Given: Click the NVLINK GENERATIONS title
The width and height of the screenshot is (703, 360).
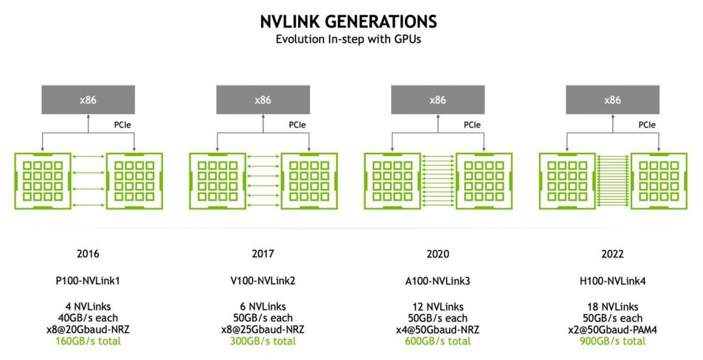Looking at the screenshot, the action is click(x=348, y=21).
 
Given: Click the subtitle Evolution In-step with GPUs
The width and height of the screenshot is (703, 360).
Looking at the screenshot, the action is click(x=348, y=39).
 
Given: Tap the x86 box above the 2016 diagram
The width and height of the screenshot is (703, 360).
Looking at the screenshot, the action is click(x=89, y=100).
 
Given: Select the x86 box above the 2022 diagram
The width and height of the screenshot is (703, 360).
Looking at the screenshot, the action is click(x=613, y=100).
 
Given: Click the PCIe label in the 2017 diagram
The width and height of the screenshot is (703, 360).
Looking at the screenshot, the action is click(x=297, y=125).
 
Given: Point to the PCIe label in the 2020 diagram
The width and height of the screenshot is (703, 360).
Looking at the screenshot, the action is click(x=472, y=125).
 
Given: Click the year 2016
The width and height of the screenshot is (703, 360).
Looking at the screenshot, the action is click(x=88, y=254).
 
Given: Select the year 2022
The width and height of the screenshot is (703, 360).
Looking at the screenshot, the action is click(x=613, y=254).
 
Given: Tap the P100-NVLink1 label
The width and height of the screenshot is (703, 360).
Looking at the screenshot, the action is click(x=88, y=281).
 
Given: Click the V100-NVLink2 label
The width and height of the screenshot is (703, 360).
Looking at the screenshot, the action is click(x=263, y=281).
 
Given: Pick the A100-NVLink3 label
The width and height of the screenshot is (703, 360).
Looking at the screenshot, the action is click(x=437, y=281).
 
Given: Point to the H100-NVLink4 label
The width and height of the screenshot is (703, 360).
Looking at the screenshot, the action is click(x=613, y=281).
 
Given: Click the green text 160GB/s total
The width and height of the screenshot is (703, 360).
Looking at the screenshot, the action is click(x=88, y=341).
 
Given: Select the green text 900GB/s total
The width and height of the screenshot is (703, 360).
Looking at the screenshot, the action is click(x=613, y=341).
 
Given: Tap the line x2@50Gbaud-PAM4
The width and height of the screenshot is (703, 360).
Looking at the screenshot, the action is click(x=613, y=330).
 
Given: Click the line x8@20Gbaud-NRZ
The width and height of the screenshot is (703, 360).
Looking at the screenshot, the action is click(x=88, y=330).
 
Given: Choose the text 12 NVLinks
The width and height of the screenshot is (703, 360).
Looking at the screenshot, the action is click(x=437, y=307).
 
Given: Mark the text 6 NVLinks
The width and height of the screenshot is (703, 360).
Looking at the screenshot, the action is click(x=263, y=307).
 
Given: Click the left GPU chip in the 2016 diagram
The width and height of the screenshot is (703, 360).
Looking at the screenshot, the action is click(x=42, y=181).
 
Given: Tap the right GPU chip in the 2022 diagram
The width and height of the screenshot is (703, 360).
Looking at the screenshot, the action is click(x=659, y=181).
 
